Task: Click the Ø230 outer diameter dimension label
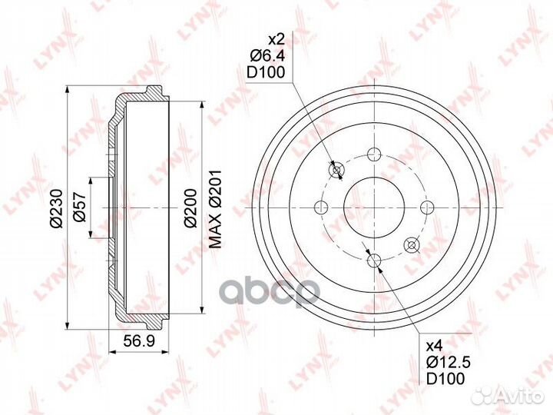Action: [57, 208]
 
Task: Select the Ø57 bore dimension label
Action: [80, 207]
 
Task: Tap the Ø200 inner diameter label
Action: [190, 208]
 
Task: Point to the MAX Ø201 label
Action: [215, 208]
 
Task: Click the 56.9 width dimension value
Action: [139, 340]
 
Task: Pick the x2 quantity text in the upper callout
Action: [276, 39]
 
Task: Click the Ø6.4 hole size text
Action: [267, 55]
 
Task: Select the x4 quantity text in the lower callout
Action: [434, 346]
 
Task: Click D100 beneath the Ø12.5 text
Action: [445, 379]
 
